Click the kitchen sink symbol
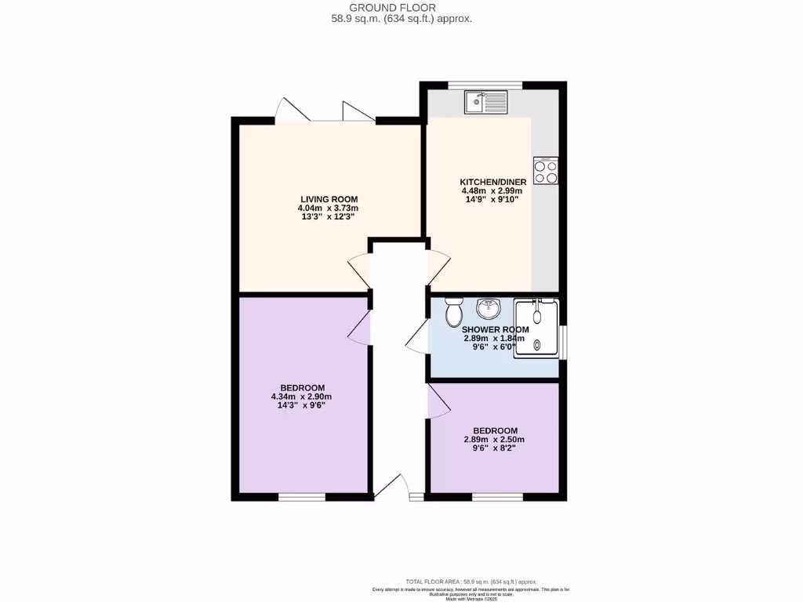tap(486, 102)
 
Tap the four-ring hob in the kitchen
tap(546, 171)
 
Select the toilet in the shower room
tap(453, 314)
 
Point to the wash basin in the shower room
tap(489, 308)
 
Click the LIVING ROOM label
tap(328, 198)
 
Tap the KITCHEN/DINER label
tap(493, 182)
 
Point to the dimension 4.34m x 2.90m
tap(303, 397)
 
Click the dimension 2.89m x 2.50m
tap(494, 440)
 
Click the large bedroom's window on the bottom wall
tap(302, 497)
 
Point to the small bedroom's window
tap(497, 497)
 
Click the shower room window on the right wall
tap(563, 335)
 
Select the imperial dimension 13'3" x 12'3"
tap(328, 217)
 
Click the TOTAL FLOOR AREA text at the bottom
tap(471, 582)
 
